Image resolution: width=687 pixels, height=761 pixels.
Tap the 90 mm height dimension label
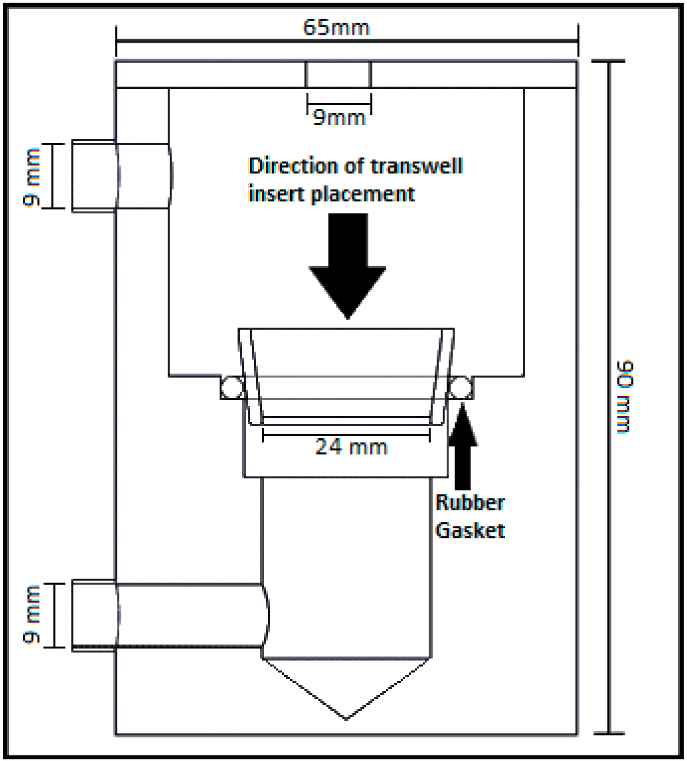627,396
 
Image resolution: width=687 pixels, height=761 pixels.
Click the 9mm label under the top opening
339,118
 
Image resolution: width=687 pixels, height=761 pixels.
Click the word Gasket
470,530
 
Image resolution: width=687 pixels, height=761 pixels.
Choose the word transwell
423,166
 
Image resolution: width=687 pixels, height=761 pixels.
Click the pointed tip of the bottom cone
346,718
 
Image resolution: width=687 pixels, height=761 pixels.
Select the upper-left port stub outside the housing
94,176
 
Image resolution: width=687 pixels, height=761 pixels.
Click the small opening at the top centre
338,74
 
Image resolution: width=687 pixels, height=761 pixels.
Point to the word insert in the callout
274,194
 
